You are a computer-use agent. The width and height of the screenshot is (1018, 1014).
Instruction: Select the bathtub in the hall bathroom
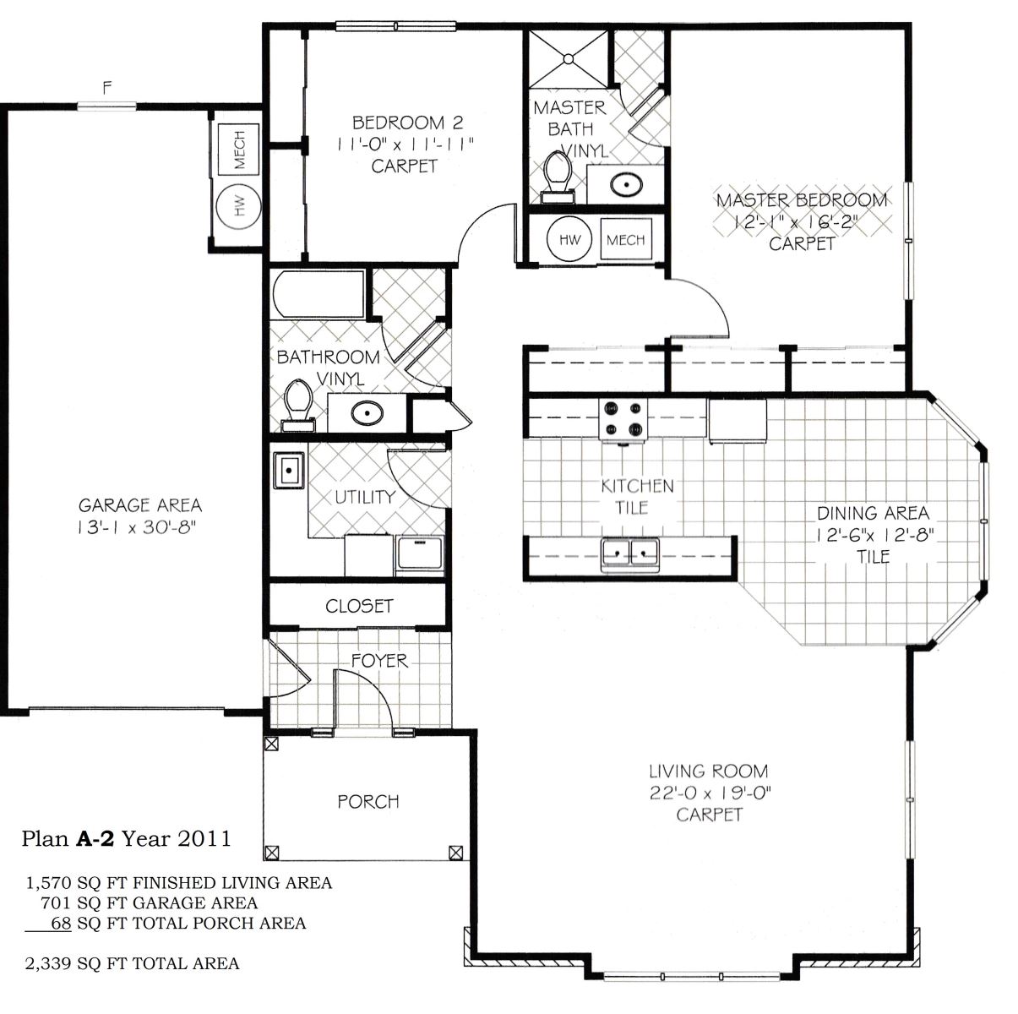pyautogui.click(x=319, y=294)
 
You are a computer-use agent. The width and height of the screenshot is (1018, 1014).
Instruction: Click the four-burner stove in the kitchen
pyautogui.click(x=623, y=420)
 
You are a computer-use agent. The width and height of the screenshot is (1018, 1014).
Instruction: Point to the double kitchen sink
pyautogui.click(x=629, y=554)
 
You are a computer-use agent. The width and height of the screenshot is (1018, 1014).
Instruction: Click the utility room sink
pyautogui.click(x=288, y=470)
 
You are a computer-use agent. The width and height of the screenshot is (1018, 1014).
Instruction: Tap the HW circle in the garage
pyautogui.click(x=239, y=206)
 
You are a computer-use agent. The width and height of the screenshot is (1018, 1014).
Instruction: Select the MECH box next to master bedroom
pyautogui.click(x=626, y=240)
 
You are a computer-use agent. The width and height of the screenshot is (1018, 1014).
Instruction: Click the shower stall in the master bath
pyautogui.click(x=569, y=58)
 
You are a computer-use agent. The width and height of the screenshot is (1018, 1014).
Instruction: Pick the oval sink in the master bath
pyautogui.click(x=627, y=185)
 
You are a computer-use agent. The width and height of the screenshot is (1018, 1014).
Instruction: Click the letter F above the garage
pyautogui.click(x=107, y=88)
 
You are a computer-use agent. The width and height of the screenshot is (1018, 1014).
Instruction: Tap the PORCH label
pyautogui.click(x=368, y=802)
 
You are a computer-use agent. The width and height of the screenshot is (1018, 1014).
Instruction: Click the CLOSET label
pyautogui.click(x=359, y=606)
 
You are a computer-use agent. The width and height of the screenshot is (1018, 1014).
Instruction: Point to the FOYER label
pyautogui.click(x=379, y=661)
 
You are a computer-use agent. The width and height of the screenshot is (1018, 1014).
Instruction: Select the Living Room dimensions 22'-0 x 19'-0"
pyautogui.click(x=710, y=793)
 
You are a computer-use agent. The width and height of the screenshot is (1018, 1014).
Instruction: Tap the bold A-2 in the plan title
pyautogui.click(x=95, y=839)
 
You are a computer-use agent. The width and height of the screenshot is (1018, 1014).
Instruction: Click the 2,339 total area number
pyautogui.click(x=48, y=964)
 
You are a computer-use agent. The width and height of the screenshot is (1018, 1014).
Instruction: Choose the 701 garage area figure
pyautogui.click(x=56, y=903)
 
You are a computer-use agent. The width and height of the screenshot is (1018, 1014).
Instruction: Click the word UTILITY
pyautogui.click(x=365, y=497)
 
